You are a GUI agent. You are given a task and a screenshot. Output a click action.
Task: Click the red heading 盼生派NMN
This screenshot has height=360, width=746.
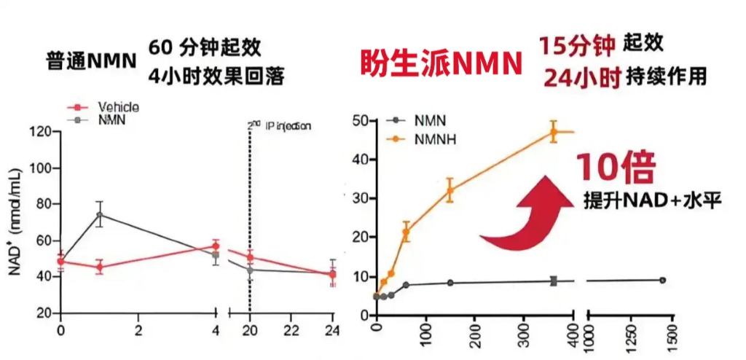coord(441,64)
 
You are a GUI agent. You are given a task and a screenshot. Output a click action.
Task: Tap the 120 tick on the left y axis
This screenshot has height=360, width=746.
coord(40,132)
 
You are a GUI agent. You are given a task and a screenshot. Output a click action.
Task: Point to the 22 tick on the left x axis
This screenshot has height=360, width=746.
coord(291,331)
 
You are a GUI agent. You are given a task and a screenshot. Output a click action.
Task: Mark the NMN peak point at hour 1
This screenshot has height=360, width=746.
coord(99,214)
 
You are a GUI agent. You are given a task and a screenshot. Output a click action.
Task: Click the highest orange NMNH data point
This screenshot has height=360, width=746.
coord(554,132)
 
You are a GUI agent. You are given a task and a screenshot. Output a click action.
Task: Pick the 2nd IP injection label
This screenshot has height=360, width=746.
coord(280,126)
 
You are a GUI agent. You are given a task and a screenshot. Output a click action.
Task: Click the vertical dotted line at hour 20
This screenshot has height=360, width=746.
coord(250,219)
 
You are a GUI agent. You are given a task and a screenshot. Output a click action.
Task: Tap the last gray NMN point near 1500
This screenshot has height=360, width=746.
coord(662,280)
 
